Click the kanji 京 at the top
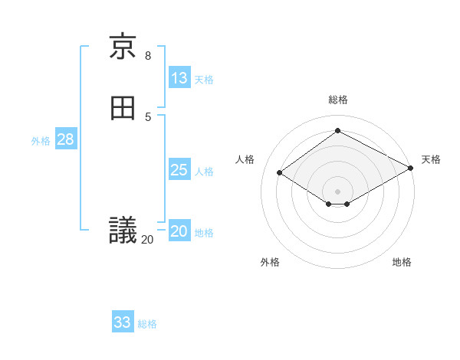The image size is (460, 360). click(x=123, y=47)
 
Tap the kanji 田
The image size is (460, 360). click(x=123, y=108)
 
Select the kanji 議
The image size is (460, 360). click(x=123, y=230)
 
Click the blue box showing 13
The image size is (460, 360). click(x=179, y=78)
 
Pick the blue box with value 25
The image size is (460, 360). click(x=179, y=170)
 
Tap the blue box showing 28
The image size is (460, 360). click(x=65, y=139)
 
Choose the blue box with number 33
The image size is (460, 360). click(x=123, y=322)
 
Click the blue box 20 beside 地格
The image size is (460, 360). click(x=179, y=232)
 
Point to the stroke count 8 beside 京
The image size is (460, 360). click(x=148, y=55)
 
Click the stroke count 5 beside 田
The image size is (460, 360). click(x=148, y=116)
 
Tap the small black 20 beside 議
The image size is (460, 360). click(x=147, y=240)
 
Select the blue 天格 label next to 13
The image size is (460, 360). click(x=204, y=80)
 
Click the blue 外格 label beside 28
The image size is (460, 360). click(x=41, y=141)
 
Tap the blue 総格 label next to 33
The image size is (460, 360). click(x=147, y=324)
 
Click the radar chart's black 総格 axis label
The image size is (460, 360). click(x=338, y=100)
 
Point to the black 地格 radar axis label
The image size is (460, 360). click(x=402, y=263)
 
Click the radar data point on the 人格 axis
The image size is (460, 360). click(x=280, y=173)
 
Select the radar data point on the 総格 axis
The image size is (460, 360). click(x=338, y=131)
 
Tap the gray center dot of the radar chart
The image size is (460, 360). click(x=338, y=191)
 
